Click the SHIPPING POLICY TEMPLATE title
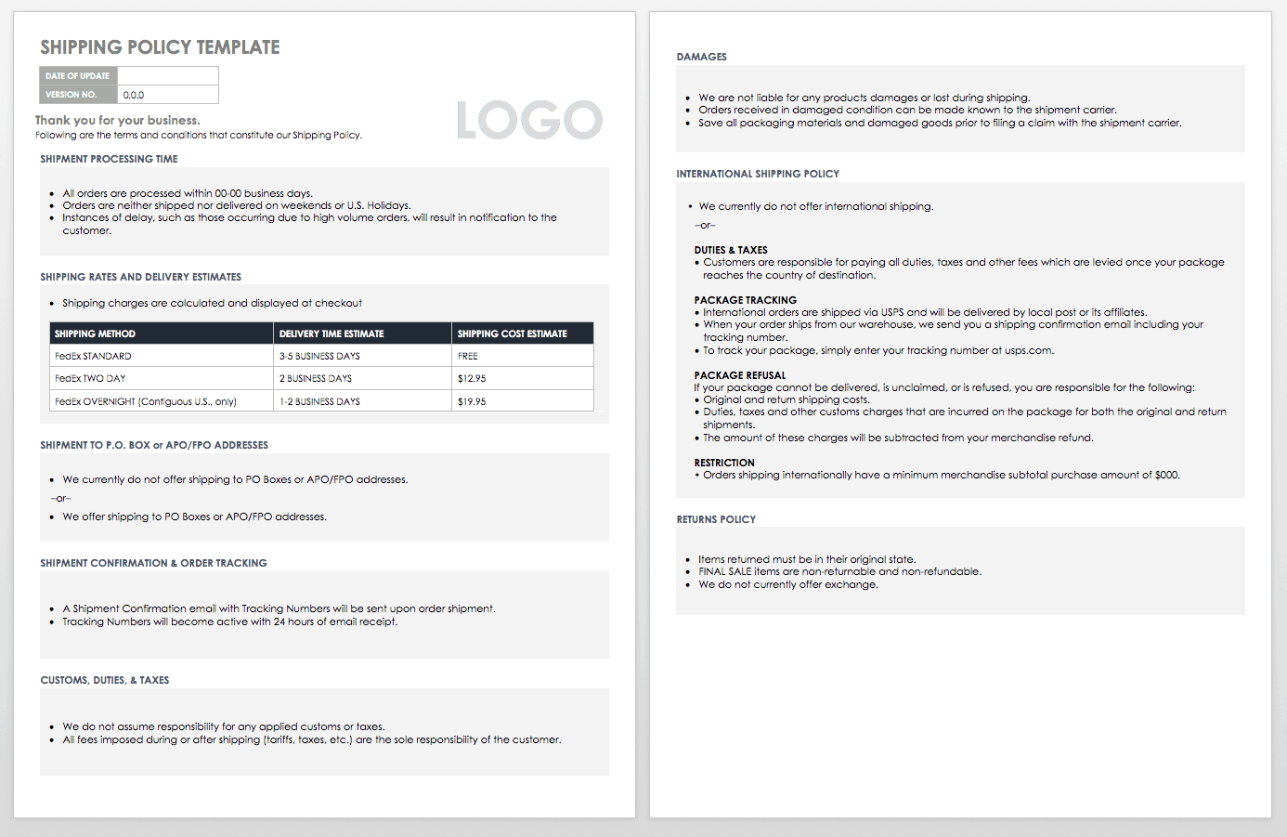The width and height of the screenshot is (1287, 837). tap(160, 47)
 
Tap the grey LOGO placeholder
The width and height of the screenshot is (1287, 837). tap(529, 120)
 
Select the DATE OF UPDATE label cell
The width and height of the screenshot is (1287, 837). tap(78, 76)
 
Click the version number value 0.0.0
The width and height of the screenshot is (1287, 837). tap(134, 95)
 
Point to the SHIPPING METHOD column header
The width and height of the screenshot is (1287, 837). tap(95, 333)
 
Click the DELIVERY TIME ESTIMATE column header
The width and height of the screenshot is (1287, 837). tap(331, 333)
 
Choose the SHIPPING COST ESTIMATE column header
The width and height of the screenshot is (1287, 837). tap(512, 333)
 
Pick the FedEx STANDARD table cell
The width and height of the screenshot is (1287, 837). tap(93, 356)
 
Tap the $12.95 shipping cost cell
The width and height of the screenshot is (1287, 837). tap(472, 379)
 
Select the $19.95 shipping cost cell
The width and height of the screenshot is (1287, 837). tap(472, 402)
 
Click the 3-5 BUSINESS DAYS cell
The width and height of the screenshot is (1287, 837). tap(319, 356)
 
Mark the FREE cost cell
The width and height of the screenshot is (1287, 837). tap(468, 356)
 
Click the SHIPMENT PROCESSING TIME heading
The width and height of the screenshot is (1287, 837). tap(109, 159)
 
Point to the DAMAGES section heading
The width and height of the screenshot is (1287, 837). tap(701, 57)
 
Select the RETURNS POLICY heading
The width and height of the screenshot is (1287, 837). tap(716, 519)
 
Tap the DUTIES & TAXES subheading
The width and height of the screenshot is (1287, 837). tap(731, 250)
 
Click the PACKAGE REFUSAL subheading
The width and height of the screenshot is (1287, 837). tap(740, 375)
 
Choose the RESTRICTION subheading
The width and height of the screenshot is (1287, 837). tap(724, 463)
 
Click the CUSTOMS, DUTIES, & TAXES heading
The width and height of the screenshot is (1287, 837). tap(105, 680)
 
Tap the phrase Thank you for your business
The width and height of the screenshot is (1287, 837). tap(118, 120)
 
